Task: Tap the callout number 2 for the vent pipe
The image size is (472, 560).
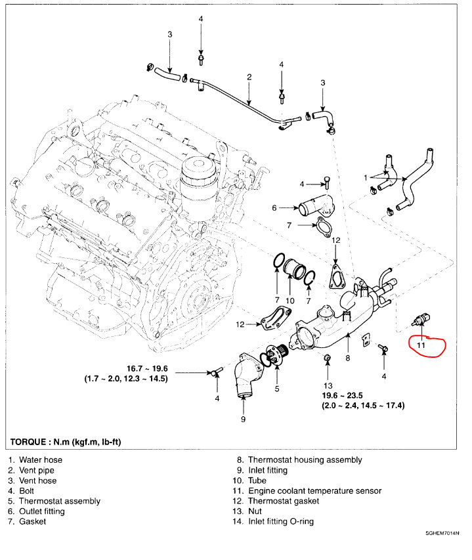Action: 249,77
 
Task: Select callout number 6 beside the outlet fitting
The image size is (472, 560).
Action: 275,208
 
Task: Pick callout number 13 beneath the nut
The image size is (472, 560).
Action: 328,385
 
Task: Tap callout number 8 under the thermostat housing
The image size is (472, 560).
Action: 348,358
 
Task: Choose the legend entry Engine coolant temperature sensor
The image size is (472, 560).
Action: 314,490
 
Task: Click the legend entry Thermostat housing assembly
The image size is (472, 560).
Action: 305,460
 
